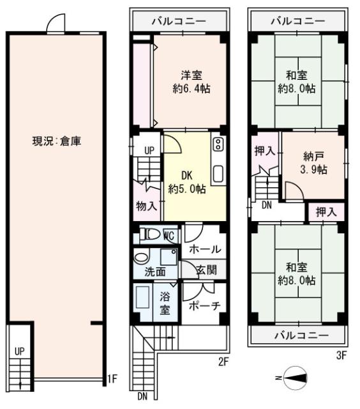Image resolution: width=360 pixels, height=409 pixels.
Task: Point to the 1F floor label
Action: [112, 379]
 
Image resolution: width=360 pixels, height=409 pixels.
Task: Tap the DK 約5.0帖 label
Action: [187, 181]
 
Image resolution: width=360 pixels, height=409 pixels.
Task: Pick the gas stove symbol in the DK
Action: [217, 144]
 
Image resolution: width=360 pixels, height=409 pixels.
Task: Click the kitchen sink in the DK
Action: [217, 173]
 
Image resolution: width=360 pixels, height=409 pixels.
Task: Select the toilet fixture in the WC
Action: [151, 235]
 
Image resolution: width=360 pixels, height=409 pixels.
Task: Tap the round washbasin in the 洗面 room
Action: [140, 256]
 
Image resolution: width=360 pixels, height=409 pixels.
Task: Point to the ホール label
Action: [205, 249]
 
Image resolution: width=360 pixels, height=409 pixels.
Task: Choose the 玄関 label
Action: [206, 270]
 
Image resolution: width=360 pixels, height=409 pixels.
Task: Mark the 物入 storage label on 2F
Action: [146, 206]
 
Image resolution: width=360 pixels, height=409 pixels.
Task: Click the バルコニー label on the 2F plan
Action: [179, 21]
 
